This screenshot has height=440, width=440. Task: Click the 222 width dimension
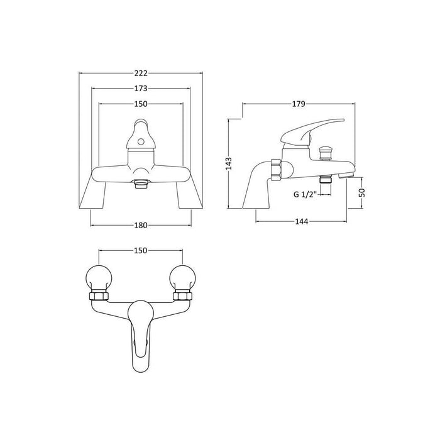[141, 74]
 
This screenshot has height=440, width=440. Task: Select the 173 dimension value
[141, 89]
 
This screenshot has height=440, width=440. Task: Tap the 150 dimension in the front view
[141, 104]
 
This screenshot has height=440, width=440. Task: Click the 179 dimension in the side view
[298, 104]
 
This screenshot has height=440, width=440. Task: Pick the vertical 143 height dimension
[230, 163]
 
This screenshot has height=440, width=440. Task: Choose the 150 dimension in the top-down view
[141, 251]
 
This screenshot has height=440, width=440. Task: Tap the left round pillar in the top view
[98, 277]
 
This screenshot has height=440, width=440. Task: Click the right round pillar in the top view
[183, 277]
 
